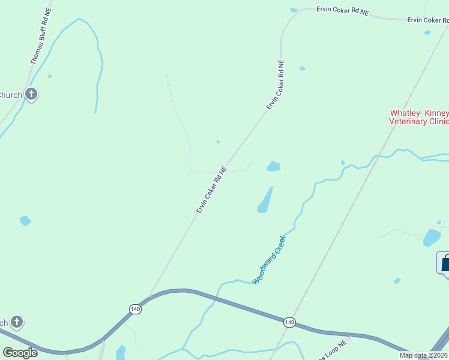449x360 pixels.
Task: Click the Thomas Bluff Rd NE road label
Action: (x=41, y=37)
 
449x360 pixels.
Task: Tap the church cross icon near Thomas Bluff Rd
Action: (x=31, y=94)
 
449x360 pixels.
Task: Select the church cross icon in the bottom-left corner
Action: (x=17, y=322)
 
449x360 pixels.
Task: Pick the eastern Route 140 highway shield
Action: (x=290, y=322)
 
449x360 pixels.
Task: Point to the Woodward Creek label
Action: (x=270, y=260)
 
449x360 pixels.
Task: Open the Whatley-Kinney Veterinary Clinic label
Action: (x=419, y=116)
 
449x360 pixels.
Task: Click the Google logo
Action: (x=20, y=352)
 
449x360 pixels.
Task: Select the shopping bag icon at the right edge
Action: (x=445, y=263)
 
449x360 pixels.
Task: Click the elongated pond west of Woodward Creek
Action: (x=265, y=200)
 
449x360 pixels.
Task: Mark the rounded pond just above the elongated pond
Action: (x=274, y=166)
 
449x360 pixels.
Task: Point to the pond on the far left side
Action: (x=25, y=221)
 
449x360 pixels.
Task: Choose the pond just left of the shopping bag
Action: (x=431, y=238)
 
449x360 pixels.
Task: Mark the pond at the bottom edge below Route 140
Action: (x=121, y=352)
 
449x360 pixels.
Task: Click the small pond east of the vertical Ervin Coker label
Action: (x=302, y=68)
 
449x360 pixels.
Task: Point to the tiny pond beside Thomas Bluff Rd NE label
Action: (x=49, y=76)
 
